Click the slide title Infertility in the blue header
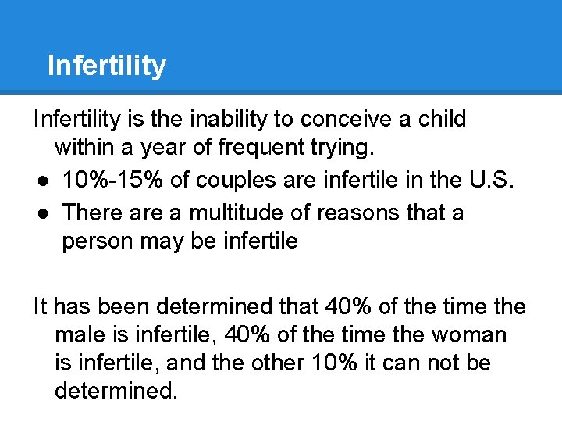click(106, 66)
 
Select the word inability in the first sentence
click(243, 120)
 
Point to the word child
click(442, 120)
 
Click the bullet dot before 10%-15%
click(40, 181)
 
